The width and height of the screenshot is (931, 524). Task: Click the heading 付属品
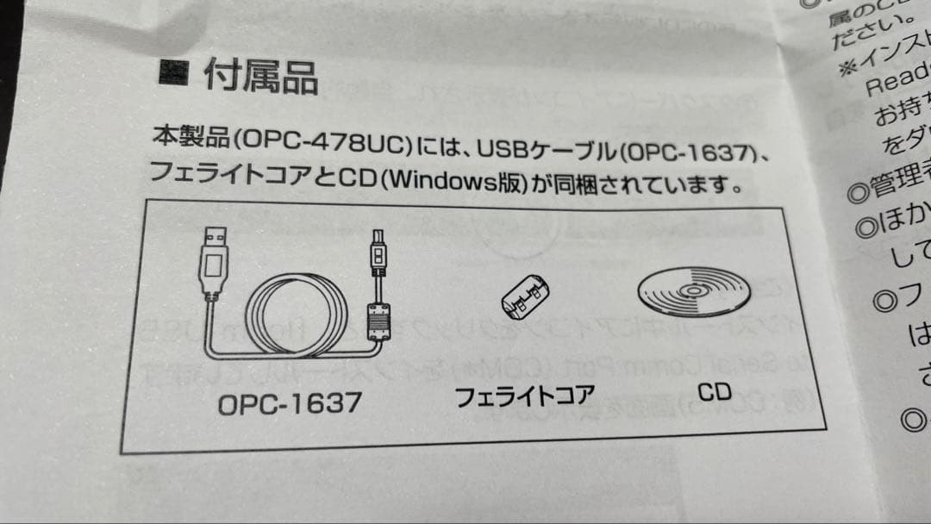(x=260, y=77)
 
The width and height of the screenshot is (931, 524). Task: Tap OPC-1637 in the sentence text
(x=689, y=153)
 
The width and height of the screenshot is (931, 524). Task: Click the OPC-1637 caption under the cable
(x=290, y=402)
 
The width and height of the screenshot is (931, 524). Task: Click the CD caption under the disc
(x=714, y=392)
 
